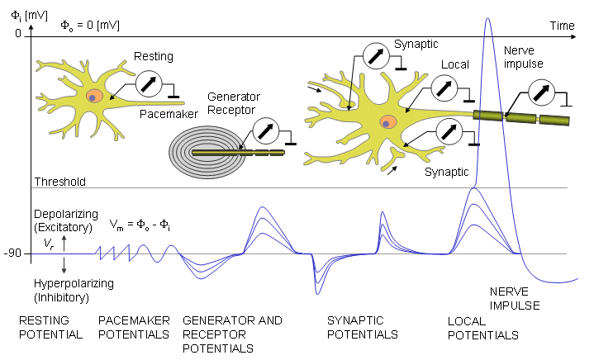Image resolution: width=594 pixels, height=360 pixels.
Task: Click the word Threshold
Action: [59, 182]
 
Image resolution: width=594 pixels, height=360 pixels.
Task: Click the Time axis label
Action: [562, 26]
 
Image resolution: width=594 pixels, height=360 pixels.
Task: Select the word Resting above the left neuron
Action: [154, 56]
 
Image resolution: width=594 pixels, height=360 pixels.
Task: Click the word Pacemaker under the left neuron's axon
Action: [169, 114]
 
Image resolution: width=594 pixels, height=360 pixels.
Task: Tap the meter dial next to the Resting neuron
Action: [149, 84]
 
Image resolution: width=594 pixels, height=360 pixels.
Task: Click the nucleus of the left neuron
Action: [93, 96]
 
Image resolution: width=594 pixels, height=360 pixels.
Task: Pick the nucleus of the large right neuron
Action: [388, 122]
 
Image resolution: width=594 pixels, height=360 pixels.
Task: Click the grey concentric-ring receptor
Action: [207, 153]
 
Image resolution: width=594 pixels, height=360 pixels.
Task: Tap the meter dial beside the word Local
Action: [444, 88]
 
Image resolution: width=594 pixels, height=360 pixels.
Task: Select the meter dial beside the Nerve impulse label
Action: [541, 92]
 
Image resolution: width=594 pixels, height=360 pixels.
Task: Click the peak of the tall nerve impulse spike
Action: [487, 18]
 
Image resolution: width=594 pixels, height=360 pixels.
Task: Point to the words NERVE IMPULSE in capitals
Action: [515, 299]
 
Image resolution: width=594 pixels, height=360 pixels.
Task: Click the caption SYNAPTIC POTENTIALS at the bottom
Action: [363, 328]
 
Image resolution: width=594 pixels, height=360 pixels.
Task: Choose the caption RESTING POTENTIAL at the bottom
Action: [50, 328]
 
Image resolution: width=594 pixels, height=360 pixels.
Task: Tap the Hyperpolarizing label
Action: [74, 283]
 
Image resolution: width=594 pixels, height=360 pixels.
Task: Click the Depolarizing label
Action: [66, 214]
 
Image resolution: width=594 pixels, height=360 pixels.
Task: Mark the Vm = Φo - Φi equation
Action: [140, 225]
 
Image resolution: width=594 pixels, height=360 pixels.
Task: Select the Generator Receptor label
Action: [234, 103]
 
